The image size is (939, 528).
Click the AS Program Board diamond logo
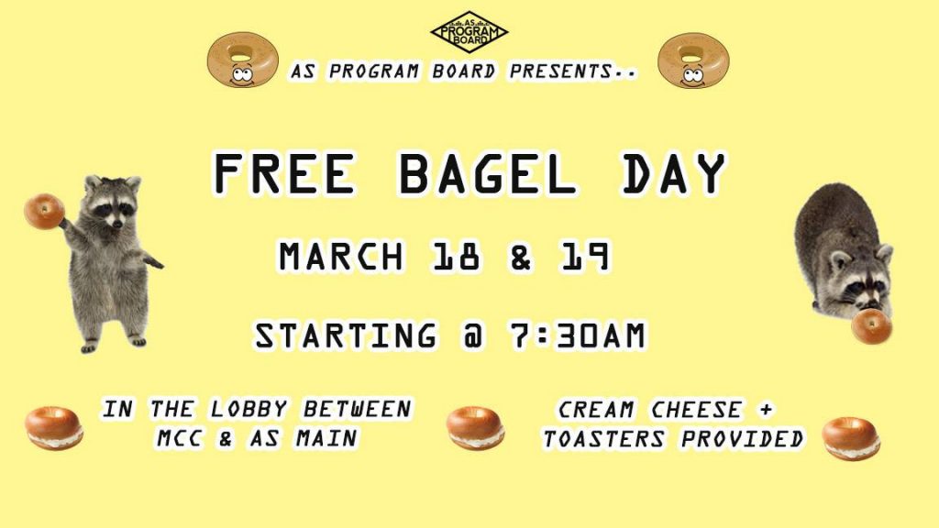469,32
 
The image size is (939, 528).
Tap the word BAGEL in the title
487,173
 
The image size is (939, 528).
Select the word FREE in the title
284,173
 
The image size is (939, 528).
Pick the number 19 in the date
586,257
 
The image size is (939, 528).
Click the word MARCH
341,257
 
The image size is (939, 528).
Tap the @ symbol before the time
473,335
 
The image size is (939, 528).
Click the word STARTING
346,335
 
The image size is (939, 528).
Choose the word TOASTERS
603,439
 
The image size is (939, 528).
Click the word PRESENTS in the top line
560,71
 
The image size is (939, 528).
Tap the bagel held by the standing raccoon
44,212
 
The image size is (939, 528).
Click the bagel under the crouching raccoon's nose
871,326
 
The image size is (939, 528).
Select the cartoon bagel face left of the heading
242,60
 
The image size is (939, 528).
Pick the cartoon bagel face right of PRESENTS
693,60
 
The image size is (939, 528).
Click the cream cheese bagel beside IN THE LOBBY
54,428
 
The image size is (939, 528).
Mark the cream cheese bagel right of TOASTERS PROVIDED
851,439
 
